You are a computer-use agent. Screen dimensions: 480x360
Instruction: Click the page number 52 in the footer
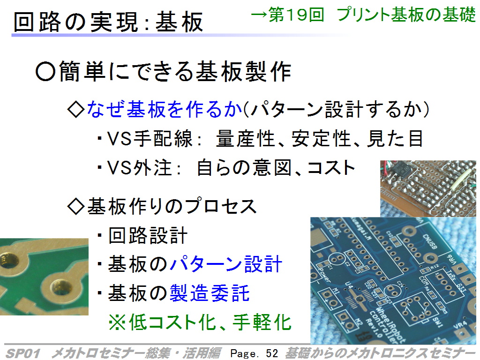point(272,353)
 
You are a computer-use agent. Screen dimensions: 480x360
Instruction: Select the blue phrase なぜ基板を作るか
point(165,109)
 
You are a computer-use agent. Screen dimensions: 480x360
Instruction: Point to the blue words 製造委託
point(210,293)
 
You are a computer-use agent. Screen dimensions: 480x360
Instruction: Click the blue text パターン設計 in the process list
point(225,264)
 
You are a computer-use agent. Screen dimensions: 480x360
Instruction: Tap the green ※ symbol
point(117,322)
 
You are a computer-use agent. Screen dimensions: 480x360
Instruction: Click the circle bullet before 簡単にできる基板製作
point(45,71)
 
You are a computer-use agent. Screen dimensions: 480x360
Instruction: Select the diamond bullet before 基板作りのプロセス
point(75,206)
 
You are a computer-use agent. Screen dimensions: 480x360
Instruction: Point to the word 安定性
point(321,138)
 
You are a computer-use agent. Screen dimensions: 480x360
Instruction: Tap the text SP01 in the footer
point(23,353)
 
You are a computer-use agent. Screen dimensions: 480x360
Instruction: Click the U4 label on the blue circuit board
point(349,286)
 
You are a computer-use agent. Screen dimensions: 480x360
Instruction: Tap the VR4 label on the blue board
point(460,325)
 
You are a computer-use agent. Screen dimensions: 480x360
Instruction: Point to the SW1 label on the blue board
point(437,322)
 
